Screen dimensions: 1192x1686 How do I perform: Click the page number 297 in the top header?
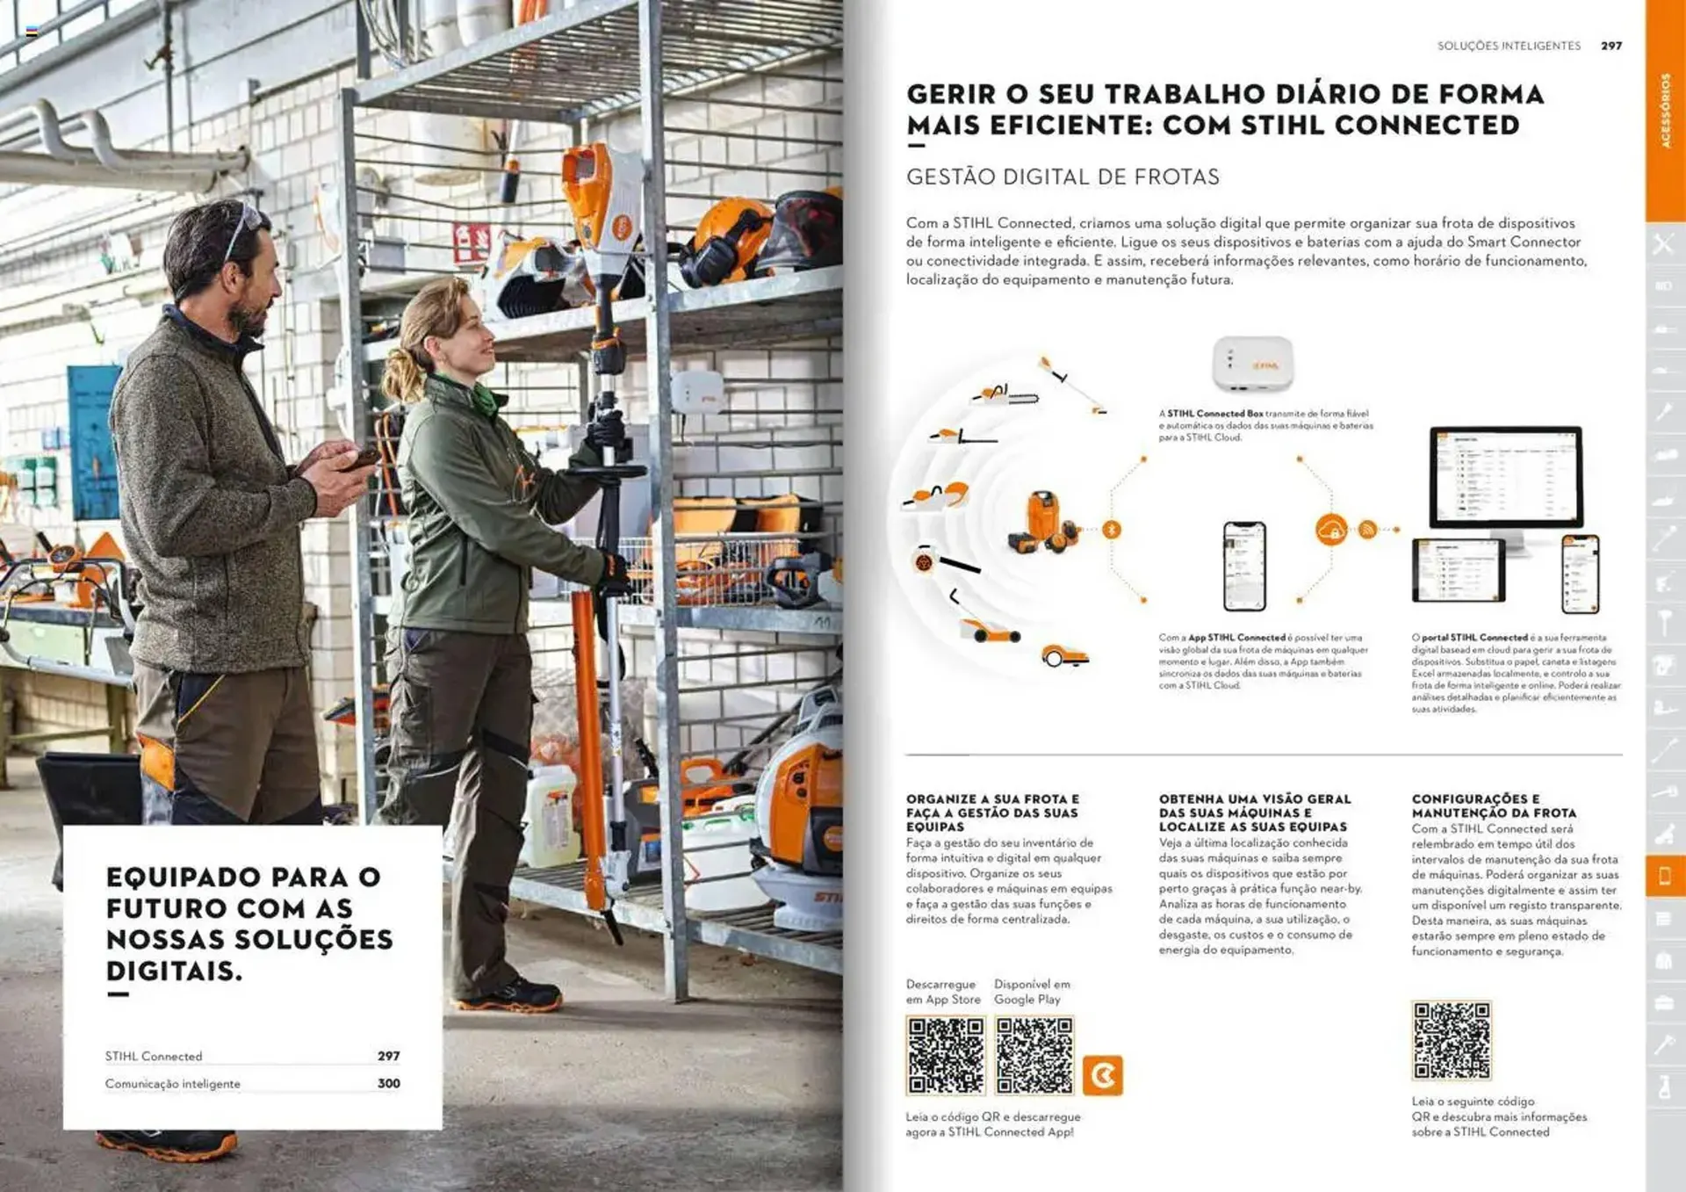[1610, 46]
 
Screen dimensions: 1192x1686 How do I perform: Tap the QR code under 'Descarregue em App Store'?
[945, 1055]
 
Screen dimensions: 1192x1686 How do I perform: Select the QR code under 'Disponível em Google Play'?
[1034, 1055]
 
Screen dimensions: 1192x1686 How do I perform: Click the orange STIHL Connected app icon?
[1102, 1075]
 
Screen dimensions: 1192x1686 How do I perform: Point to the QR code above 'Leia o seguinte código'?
[1451, 1040]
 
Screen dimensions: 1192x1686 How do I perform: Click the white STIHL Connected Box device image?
[1252, 364]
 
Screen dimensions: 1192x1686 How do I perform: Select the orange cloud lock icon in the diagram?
[1331, 530]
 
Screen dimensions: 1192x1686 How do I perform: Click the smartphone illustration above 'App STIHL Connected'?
[1244, 566]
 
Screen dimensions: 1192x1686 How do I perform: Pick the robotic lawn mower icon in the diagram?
[1064, 656]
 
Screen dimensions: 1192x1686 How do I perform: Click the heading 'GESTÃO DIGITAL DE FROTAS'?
[1063, 177]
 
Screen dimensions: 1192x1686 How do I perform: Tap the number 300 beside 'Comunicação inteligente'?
[388, 1083]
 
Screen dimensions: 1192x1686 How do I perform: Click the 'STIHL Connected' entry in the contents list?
[154, 1056]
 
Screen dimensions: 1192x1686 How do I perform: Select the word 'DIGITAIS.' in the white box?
[174, 972]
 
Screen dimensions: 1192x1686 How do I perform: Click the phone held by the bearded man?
[362, 458]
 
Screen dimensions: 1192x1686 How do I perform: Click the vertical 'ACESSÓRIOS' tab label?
[1665, 110]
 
